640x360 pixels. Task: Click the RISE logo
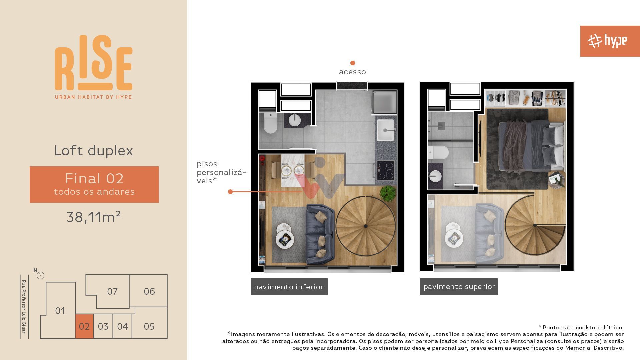tap(94, 67)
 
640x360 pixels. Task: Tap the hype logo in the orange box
tap(607, 41)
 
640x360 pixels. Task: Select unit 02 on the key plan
tap(84, 326)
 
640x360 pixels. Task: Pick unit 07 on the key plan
tap(112, 291)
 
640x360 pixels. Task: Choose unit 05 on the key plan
tap(149, 326)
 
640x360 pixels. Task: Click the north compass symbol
tap(40, 275)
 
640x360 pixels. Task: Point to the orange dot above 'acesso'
tap(352, 63)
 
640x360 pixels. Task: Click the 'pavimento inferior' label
tap(289, 287)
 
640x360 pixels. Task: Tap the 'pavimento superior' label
tap(459, 287)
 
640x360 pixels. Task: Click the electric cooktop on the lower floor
tap(386, 170)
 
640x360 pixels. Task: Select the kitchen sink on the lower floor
tap(385, 130)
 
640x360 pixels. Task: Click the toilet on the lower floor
tap(270, 123)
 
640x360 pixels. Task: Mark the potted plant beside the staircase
tap(388, 193)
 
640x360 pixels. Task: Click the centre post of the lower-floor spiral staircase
tap(365, 226)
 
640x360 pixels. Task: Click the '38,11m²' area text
tap(93, 217)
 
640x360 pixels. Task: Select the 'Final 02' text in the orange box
tap(94, 178)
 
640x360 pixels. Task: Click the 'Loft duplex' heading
tap(94, 150)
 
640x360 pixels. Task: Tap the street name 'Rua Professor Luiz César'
tap(24, 307)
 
